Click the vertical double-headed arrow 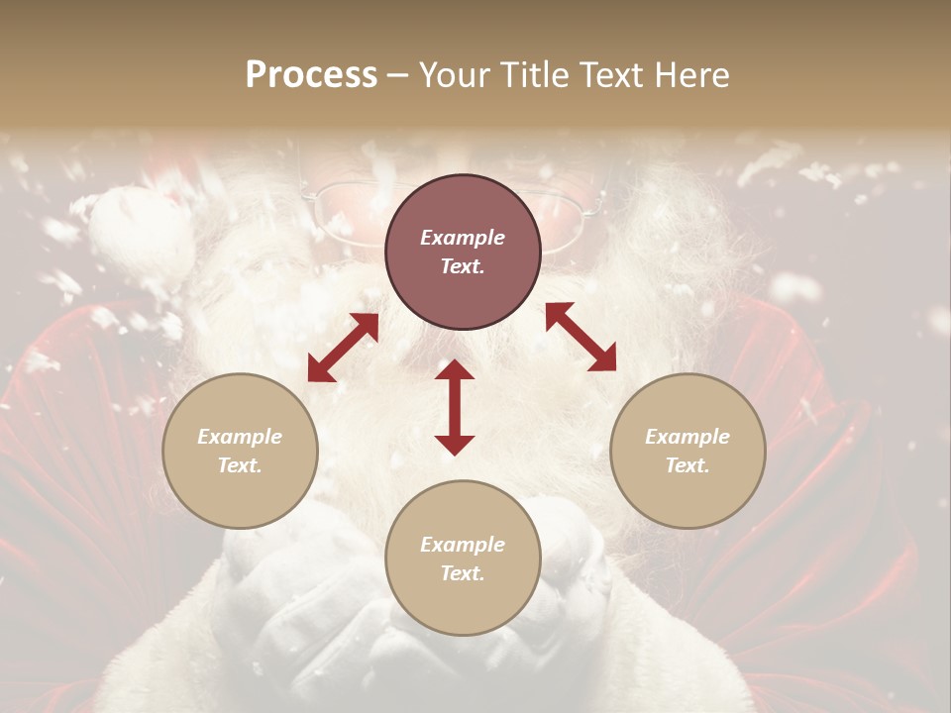(455, 407)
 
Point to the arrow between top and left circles (343, 348)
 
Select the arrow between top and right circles (581, 337)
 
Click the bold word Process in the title (311, 75)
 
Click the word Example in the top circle (463, 238)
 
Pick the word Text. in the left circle (240, 465)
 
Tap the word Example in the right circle (687, 437)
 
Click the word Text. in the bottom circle (463, 573)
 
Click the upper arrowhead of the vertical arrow (455, 369)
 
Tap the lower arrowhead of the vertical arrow (455, 445)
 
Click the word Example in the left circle (240, 437)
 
